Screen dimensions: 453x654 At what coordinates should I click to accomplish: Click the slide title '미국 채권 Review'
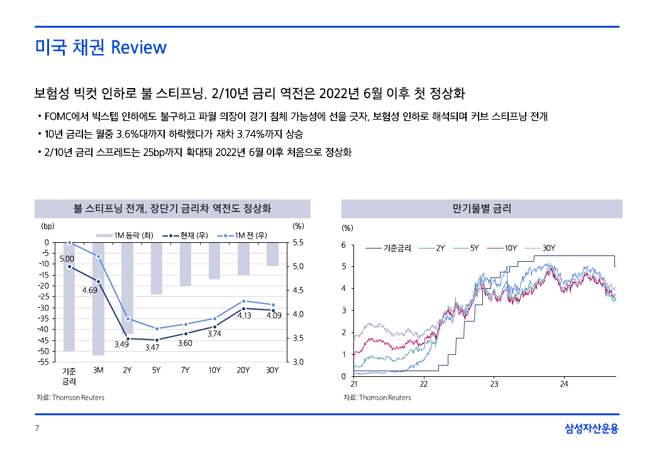coord(101,48)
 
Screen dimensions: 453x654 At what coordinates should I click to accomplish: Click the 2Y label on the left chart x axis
coord(127,371)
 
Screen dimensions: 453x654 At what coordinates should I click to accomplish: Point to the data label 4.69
coord(89,291)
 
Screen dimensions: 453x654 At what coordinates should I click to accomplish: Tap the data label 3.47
coord(152,347)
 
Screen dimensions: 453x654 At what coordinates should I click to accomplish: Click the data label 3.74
coord(214,333)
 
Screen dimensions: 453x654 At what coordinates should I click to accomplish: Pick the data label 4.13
coord(244,316)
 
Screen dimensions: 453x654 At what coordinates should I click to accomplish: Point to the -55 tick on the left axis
coord(44,362)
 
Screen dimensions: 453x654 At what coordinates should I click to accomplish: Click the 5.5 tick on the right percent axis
coord(298,242)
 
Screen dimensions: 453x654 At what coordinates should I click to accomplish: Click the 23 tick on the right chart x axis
coord(494,384)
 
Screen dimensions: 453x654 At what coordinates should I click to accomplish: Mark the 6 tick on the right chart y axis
coord(343,245)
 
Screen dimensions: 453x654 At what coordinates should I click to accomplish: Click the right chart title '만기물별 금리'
coord(482,209)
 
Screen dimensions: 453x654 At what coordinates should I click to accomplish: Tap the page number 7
coord(37,429)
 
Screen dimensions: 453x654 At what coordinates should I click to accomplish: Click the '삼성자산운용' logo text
coord(591,429)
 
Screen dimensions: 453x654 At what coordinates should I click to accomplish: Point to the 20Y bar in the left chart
coord(243,259)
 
